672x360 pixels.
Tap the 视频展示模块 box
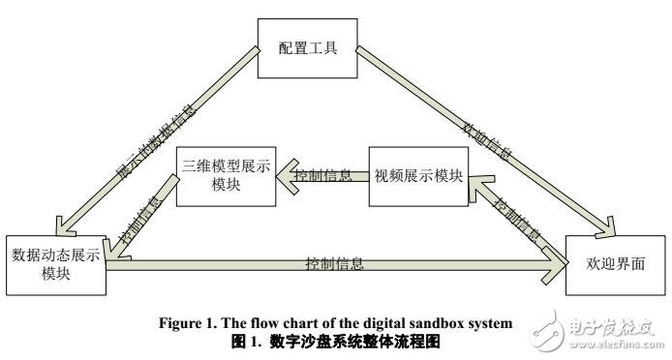tap(418, 176)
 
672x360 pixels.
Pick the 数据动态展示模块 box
tap(54, 262)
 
